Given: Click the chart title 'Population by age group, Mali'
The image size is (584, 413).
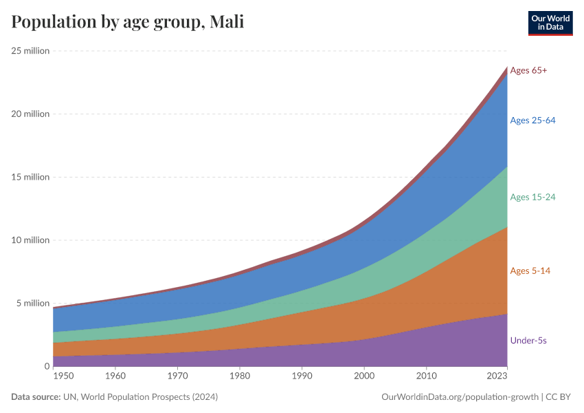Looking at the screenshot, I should pos(128,23).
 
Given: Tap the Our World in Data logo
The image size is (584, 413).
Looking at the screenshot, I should pos(550,23).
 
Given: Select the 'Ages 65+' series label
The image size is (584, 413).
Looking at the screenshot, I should pos(528,70).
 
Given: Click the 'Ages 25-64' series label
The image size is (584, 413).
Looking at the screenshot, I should pos(532,120).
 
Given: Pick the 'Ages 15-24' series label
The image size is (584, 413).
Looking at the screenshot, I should pos(532,197).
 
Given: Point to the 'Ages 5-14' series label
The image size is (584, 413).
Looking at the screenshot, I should pos(530,271).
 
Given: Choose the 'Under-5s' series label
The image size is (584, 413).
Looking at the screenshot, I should pos(528,340).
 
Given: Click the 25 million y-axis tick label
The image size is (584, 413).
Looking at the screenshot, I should pos(30,50).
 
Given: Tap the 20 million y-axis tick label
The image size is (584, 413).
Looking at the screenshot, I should pos(30,114).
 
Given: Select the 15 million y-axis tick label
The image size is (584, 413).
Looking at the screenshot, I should pos(30,177).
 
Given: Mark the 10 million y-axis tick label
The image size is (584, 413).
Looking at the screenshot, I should pos(30,240).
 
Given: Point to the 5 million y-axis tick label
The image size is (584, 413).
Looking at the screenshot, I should pos(32,303).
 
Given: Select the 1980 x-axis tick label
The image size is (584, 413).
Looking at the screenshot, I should pos(240,377).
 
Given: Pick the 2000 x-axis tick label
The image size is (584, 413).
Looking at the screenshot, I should pos(364,377).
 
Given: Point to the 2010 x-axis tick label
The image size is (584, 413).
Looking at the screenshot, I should pos(426,377).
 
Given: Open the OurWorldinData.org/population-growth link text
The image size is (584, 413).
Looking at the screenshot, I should pos(459,397).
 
